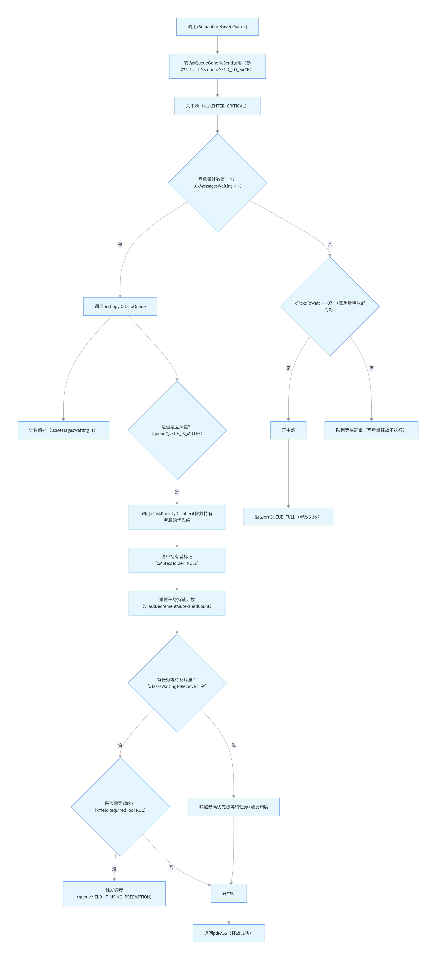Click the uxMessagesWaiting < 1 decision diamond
217,183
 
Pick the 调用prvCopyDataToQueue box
120,306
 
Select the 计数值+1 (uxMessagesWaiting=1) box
63,430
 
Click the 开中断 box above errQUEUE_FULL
288,430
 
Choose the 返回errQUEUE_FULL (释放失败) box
288,517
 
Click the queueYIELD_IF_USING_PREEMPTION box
114,893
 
